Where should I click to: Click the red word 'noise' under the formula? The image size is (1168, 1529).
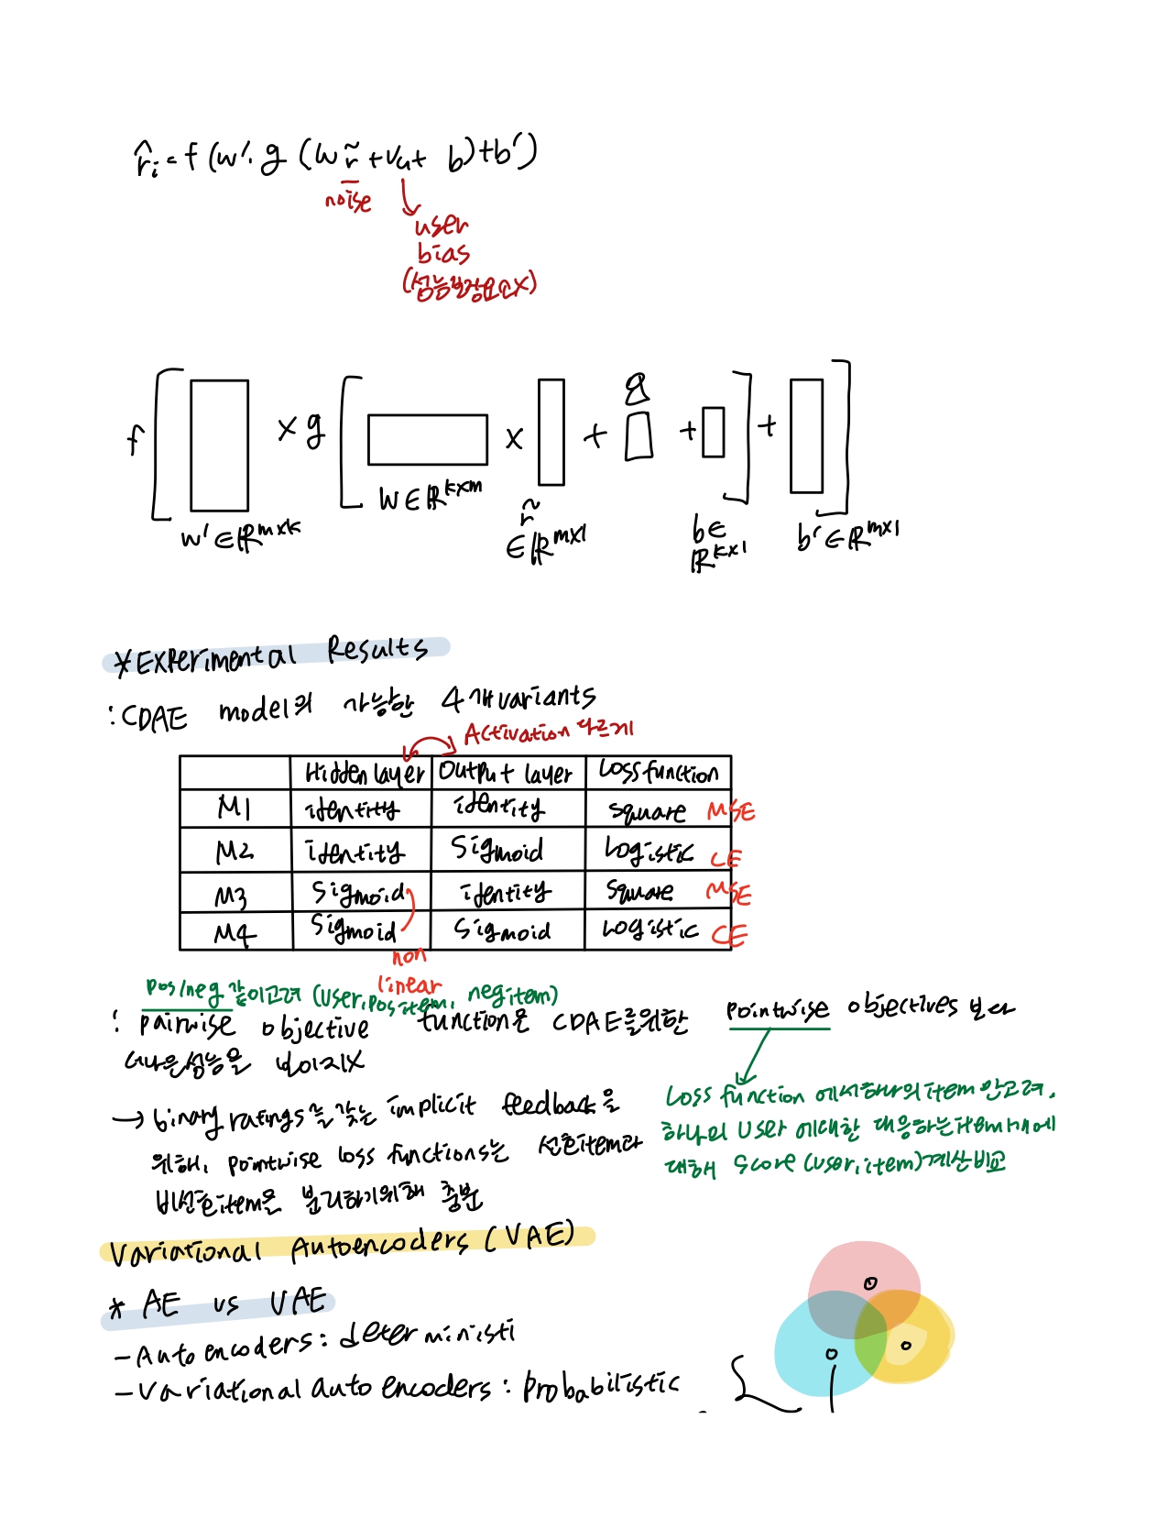click(x=348, y=200)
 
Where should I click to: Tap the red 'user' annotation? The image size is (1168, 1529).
click(x=442, y=225)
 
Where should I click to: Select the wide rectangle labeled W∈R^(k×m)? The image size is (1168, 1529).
click(x=427, y=440)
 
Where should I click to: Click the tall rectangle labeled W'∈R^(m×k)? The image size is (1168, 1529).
click(x=219, y=445)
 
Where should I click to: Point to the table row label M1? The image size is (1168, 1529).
click(x=234, y=808)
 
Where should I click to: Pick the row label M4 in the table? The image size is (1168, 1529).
click(x=234, y=933)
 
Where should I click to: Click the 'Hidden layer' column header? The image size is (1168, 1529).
click(x=364, y=774)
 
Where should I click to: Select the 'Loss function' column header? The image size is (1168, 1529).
click(x=658, y=772)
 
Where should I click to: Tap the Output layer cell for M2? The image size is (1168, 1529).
click(x=497, y=851)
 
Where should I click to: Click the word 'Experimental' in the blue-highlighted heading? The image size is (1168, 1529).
click(x=216, y=658)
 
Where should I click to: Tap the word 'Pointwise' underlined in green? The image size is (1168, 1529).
click(x=778, y=1010)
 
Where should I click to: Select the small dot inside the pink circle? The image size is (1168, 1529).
click(x=870, y=1283)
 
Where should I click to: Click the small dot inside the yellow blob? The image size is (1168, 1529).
click(x=906, y=1346)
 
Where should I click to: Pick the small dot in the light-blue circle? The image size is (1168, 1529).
click(x=831, y=1353)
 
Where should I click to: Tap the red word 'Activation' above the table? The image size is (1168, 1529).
click(x=516, y=733)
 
